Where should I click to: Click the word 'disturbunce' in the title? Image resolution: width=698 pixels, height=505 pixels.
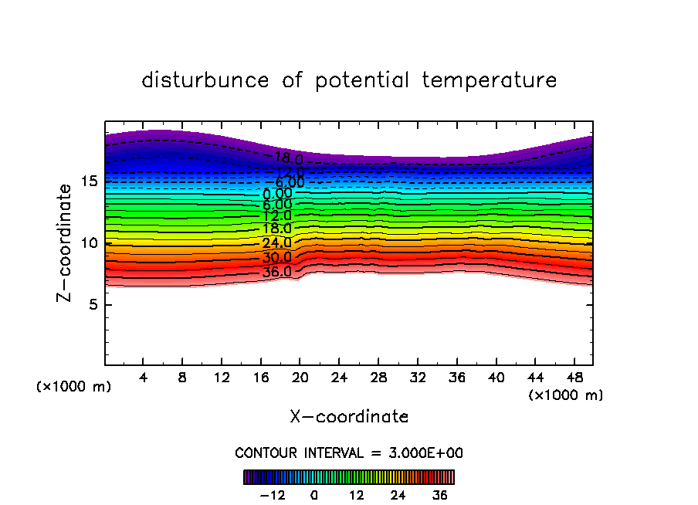(205, 80)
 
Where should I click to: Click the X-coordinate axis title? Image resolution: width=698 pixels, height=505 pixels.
(349, 417)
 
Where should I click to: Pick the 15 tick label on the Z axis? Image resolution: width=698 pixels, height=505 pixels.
(88, 181)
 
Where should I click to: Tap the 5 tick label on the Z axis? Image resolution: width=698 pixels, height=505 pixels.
(91, 305)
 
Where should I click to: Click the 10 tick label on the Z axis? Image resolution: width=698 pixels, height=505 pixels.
(88, 243)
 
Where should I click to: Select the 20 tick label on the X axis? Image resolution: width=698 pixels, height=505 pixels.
(300, 378)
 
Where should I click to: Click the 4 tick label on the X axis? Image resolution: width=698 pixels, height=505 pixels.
(144, 378)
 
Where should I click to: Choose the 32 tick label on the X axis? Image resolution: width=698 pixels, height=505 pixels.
(417, 378)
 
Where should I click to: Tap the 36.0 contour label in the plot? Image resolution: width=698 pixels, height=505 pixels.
(276, 272)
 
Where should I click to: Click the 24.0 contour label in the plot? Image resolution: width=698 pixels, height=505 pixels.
(276, 243)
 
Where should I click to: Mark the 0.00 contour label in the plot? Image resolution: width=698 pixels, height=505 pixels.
(277, 194)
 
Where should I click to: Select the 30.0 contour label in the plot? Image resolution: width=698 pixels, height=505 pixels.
(276, 258)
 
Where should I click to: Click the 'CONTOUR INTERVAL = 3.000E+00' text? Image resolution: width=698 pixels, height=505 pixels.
(349, 452)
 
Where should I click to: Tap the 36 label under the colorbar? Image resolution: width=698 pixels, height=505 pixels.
(439, 495)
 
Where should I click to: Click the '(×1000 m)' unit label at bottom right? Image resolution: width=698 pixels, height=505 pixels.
(566, 395)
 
